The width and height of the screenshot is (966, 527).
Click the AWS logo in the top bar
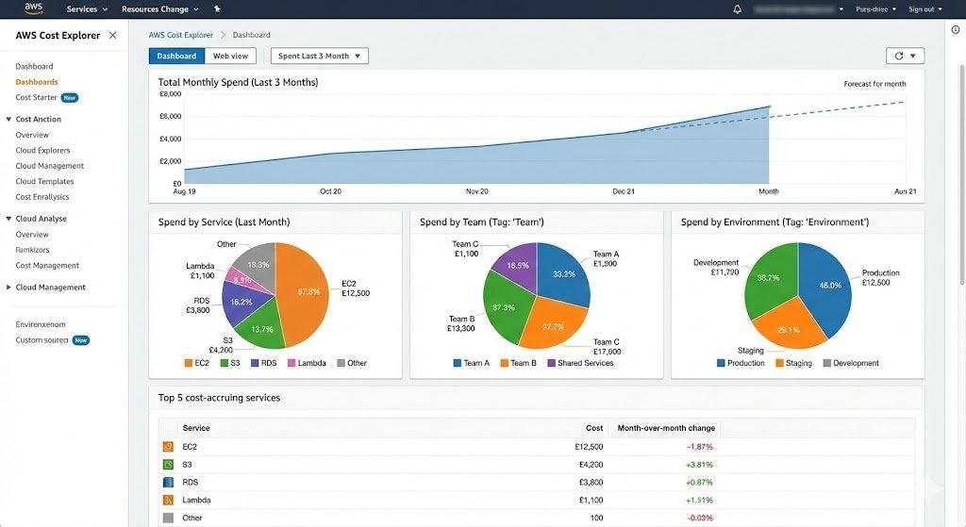(34, 8)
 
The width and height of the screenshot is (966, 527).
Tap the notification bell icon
(737, 9)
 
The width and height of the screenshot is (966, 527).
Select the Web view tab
(230, 57)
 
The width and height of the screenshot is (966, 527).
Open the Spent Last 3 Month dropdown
(319, 57)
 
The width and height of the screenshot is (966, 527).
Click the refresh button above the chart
(904, 57)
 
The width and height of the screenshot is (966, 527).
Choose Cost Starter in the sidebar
(36, 97)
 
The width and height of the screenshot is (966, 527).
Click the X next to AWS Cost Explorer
(113, 35)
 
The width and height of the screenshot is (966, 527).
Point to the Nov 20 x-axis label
(477, 191)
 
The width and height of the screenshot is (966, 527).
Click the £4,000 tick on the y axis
(169, 139)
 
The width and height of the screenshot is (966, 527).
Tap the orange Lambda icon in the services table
(168, 500)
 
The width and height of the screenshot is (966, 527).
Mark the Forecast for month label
(874, 84)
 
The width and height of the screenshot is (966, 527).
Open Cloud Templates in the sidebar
(44, 181)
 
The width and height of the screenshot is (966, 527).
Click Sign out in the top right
(921, 9)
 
